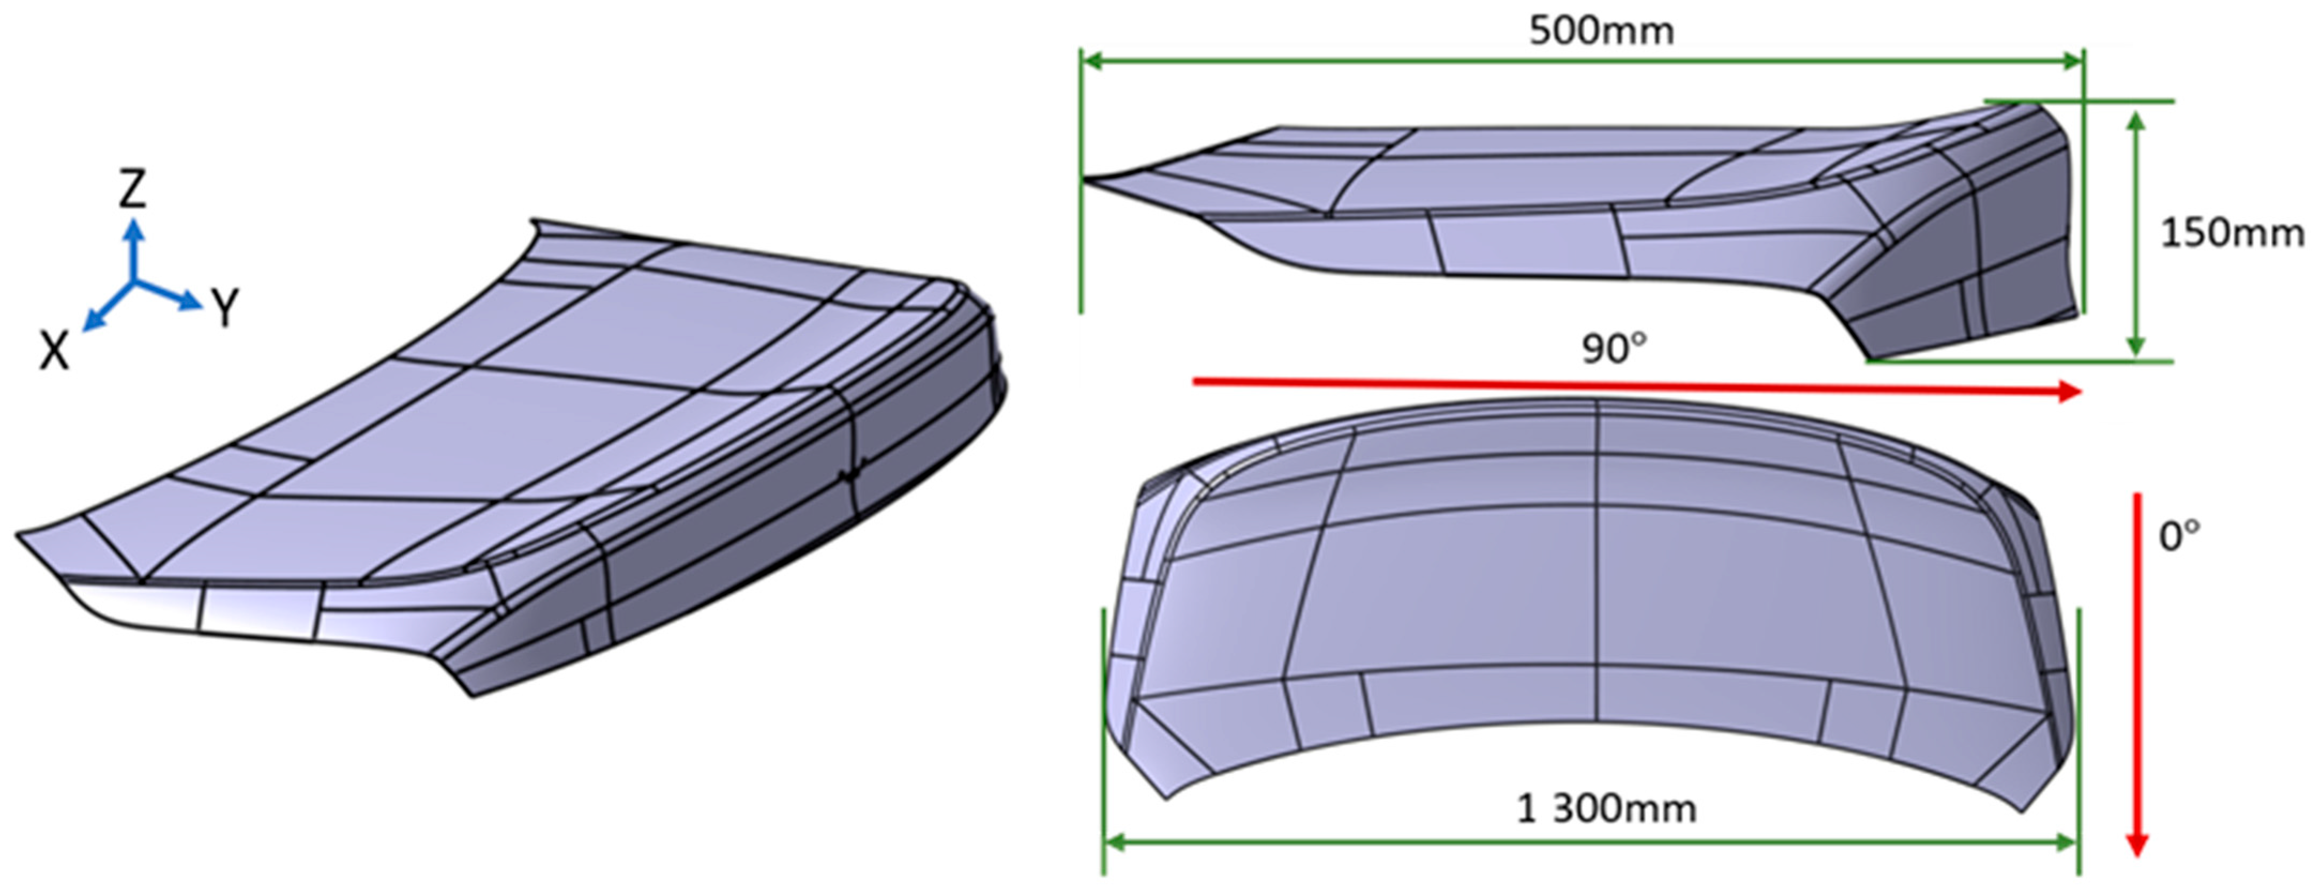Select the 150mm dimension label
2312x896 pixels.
point(2230,233)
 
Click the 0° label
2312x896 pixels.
point(2179,537)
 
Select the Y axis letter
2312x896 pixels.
point(225,308)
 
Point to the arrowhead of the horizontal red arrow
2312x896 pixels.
point(2070,391)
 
